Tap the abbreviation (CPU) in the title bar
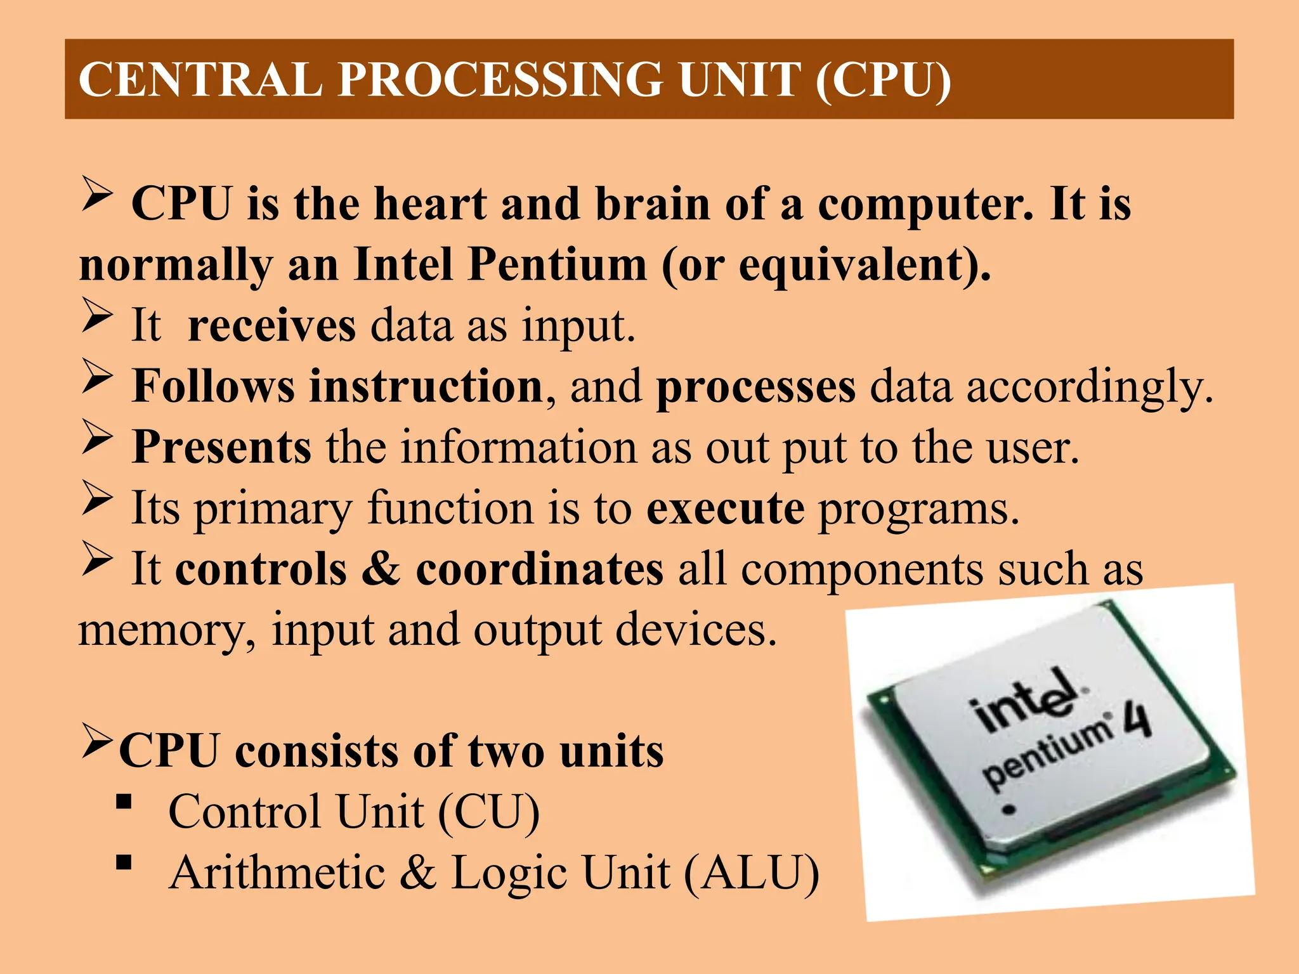[883, 80]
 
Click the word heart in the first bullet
[431, 204]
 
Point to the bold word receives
[271, 326]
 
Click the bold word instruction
[425, 386]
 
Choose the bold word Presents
[221, 448]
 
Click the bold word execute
[725, 509]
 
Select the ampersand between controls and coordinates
[381, 569]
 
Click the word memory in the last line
[166, 630]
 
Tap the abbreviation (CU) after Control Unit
[488, 812]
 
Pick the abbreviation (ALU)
[752, 873]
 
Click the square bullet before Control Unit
[124, 803]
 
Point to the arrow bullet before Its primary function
[97, 498]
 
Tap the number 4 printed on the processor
[1139, 720]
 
